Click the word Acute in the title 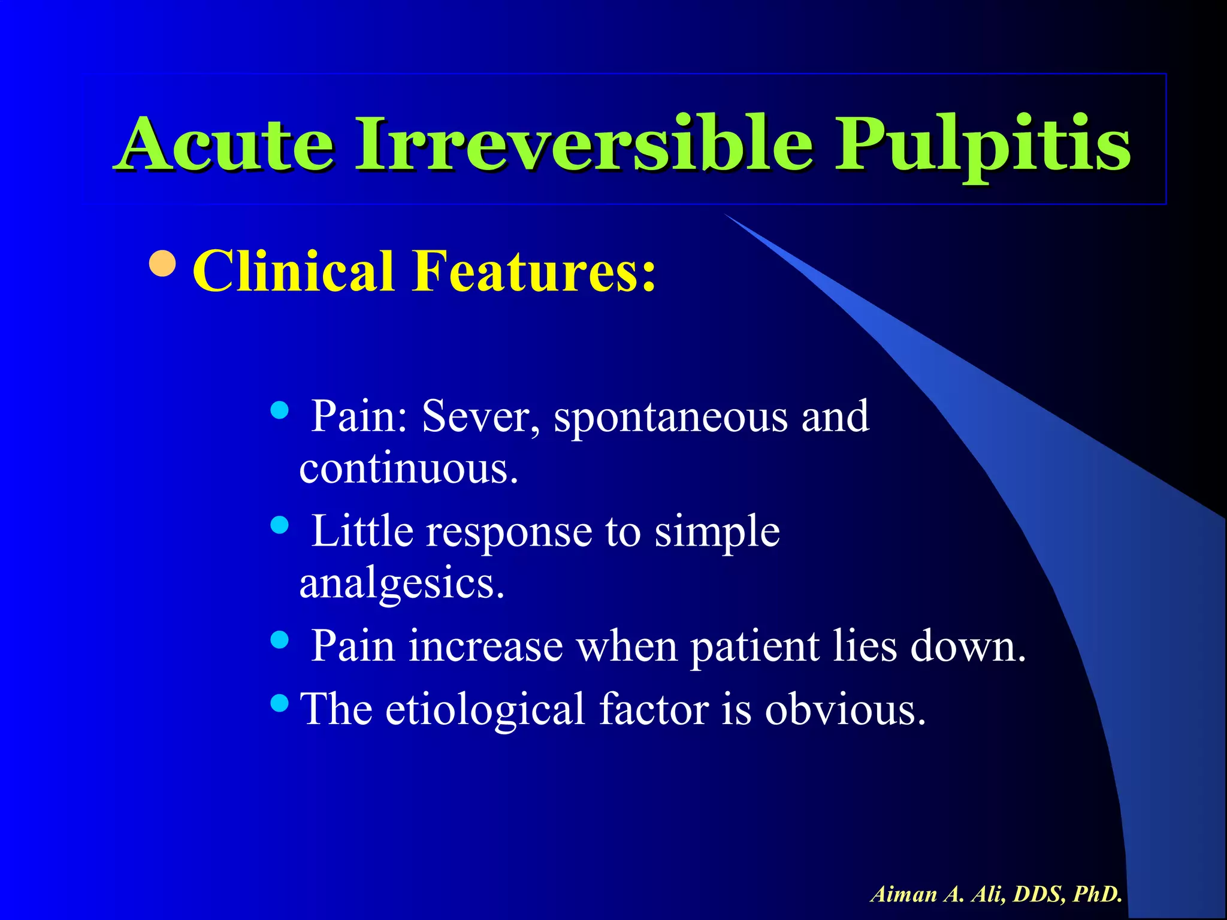tap(226, 144)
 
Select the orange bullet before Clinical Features tap(162, 264)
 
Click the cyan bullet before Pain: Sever tap(279, 410)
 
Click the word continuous tap(408, 468)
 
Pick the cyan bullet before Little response tap(279, 525)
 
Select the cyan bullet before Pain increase tap(279, 640)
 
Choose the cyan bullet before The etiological tap(279, 701)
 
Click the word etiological tap(485, 710)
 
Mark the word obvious tap(845, 709)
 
